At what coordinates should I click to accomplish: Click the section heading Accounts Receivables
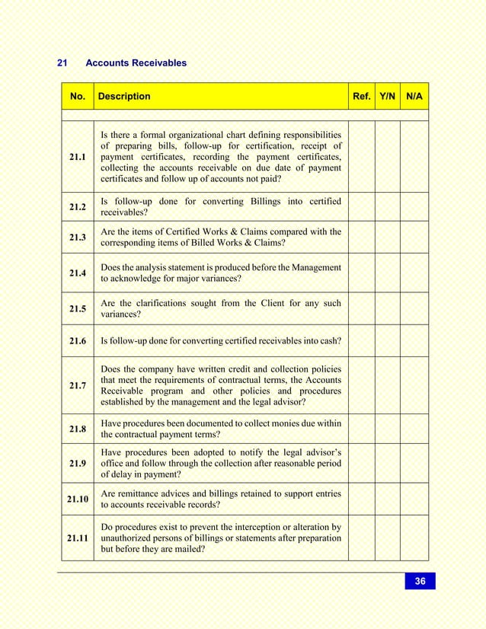coord(136,63)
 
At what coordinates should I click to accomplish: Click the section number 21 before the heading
coord(63,63)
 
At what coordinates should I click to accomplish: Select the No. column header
coord(77,97)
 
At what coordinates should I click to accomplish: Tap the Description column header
coord(124,97)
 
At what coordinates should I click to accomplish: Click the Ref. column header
coord(362,97)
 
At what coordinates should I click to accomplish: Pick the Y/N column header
coord(387,97)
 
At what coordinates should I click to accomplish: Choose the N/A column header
coord(414,97)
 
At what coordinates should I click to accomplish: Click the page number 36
coord(420,581)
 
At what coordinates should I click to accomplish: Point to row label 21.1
coord(77,157)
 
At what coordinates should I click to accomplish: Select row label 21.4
coord(77,273)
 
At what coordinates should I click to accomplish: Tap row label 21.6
coord(77,340)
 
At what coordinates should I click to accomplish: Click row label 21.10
coord(77,500)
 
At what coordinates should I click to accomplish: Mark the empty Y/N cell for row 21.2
coord(387,206)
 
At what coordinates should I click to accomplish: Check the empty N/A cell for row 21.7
coord(414,385)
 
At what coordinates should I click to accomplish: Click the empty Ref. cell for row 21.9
coord(362,463)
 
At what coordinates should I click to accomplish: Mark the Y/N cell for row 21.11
coord(387,538)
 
